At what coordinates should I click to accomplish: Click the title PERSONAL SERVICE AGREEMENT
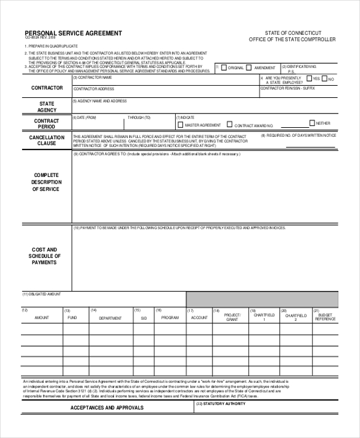73,33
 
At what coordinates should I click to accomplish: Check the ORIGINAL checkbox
224,68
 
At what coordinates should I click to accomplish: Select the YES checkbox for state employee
309,79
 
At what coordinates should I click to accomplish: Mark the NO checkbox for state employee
325,79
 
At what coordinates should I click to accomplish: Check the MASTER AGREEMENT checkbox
180,125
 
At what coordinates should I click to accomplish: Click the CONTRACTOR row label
47,88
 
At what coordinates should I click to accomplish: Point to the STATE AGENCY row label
47,107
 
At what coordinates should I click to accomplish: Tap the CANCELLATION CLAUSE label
47,140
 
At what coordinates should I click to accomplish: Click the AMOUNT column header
42,317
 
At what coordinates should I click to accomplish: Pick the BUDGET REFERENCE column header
325,317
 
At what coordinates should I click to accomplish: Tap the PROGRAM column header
170,317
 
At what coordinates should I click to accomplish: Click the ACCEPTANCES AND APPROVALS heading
107,407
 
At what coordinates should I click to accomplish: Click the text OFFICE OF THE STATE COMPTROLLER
292,40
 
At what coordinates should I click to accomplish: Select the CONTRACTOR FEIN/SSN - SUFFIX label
287,88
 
